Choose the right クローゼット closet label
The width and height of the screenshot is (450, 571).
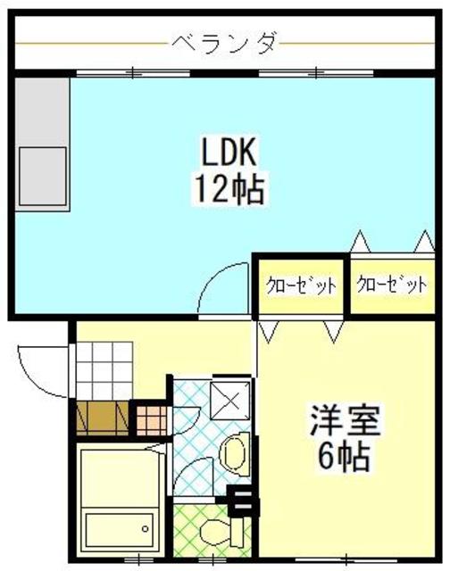[392, 285]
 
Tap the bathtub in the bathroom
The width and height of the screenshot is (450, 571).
[119, 500]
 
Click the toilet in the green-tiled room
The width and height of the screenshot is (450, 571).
[217, 533]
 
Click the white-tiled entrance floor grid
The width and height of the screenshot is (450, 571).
[103, 374]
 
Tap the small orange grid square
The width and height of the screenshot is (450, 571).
[149, 418]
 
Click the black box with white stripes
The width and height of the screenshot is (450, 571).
[241, 501]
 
